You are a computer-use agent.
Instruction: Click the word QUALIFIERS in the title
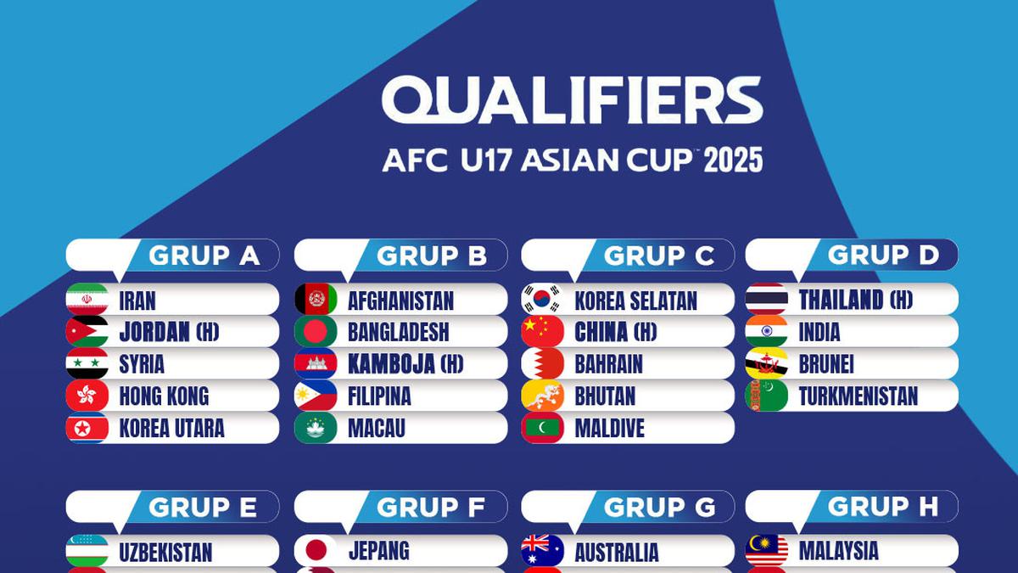click(x=572, y=101)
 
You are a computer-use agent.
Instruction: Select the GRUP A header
click(x=204, y=256)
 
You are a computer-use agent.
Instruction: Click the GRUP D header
click(x=883, y=255)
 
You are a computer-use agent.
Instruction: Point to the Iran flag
click(x=87, y=300)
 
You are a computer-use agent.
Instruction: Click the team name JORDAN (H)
click(x=169, y=332)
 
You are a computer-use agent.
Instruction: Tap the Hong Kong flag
click(x=87, y=396)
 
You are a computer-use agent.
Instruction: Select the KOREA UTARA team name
click(x=171, y=428)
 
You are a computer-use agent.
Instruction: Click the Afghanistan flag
click(x=316, y=300)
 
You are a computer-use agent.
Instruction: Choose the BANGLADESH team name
click(x=398, y=332)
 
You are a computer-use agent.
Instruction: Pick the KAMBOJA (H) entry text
click(x=406, y=364)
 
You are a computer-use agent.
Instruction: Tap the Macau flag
click(x=316, y=428)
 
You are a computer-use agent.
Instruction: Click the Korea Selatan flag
click(x=543, y=300)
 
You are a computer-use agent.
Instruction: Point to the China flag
click(x=543, y=332)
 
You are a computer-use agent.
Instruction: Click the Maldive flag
click(x=543, y=428)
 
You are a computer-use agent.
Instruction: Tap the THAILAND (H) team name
click(x=855, y=300)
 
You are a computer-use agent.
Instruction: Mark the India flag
click(x=767, y=332)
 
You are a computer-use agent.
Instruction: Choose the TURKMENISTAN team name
click(x=858, y=396)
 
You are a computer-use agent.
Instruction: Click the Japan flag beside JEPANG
click(x=316, y=551)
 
